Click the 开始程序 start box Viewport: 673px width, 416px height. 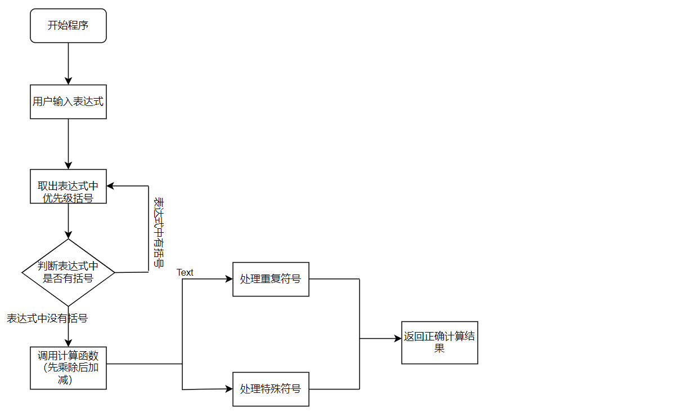[x=68, y=25]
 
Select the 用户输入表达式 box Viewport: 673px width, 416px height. [x=68, y=101]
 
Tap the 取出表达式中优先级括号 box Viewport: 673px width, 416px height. [x=68, y=186]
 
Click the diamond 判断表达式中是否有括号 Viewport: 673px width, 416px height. [x=68, y=272]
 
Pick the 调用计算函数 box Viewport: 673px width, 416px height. [x=68, y=368]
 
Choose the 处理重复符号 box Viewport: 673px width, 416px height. [x=271, y=279]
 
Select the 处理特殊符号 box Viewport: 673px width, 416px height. [x=271, y=389]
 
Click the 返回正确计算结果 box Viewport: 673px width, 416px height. [x=439, y=342]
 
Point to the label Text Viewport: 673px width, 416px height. [x=185, y=272]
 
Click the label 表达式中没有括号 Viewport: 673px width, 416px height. [x=47, y=318]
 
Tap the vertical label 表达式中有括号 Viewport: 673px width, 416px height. [x=159, y=232]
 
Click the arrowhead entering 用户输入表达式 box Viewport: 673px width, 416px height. [x=68, y=81]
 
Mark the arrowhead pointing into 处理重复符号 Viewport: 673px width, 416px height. [x=229, y=279]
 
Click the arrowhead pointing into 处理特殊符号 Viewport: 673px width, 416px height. [x=229, y=389]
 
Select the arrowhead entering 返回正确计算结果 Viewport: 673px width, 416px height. [x=398, y=339]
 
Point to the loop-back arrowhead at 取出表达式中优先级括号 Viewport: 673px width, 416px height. [x=110, y=185]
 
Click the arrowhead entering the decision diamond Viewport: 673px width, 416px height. [x=68, y=235]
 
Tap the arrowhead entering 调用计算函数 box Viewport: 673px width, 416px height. [x=68, y=343]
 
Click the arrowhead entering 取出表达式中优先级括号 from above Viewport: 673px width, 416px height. [x=68, y=166]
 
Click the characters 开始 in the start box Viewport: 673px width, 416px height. [x=57, y=25]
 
